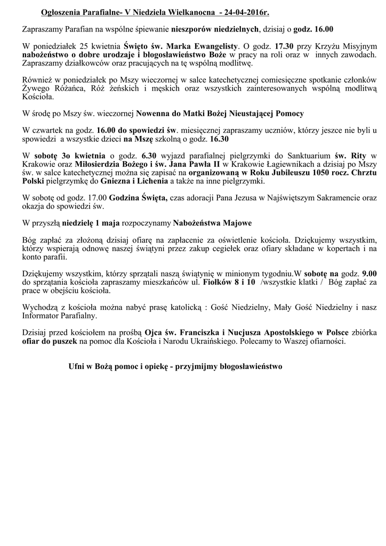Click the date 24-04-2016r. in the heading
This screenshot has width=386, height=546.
click(x=246, y=12)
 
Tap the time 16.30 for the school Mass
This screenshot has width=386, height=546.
click(x=220, y=140)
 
